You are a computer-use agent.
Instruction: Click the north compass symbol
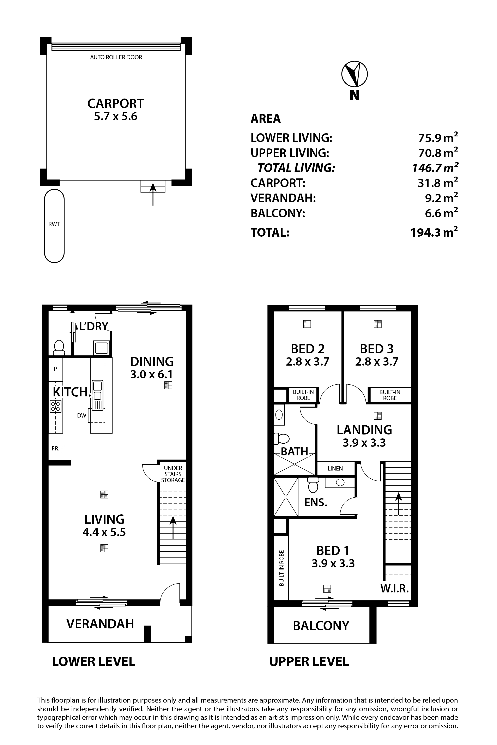(354, 74)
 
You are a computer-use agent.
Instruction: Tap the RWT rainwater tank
(54, 226)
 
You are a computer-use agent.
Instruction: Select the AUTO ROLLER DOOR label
(116, 57)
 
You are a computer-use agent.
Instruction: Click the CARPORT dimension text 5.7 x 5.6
(116, 117)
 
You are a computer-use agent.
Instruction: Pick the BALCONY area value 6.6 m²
(441, 213)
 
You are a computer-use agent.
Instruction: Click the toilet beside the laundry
(59, 348)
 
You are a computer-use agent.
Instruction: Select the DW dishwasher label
(81, 415)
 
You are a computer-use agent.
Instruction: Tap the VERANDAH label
(100, 624)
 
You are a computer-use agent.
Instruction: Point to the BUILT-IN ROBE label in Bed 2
(303, 395)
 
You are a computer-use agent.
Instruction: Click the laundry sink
(101, 348)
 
